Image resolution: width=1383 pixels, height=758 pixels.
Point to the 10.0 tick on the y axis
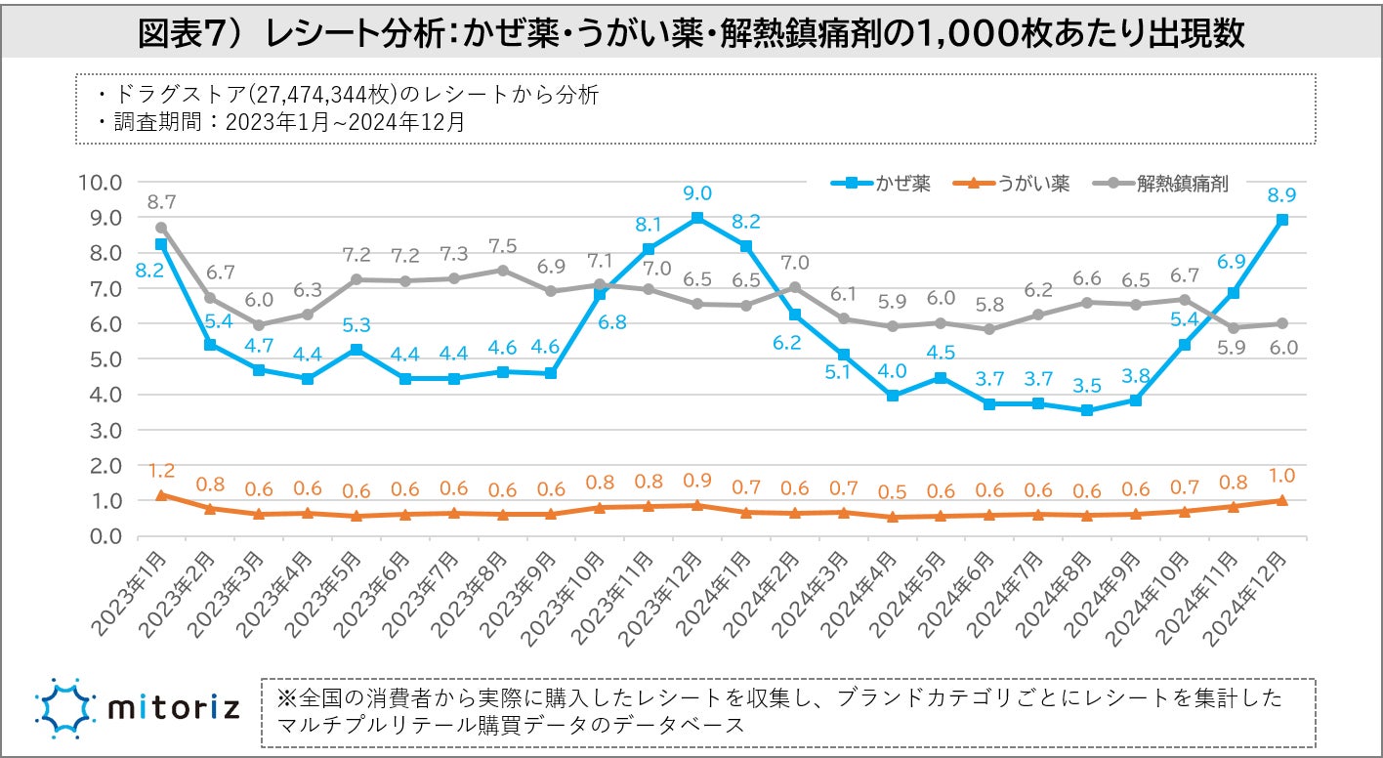point(101,182)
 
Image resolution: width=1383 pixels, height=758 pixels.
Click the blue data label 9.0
point(698,192)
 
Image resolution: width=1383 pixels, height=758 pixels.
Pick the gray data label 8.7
point(161,202)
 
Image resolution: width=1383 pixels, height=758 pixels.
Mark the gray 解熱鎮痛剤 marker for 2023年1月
point(161,228)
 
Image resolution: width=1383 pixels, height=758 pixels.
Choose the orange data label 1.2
point(161,471)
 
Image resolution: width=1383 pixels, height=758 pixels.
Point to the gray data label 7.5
point(503,246)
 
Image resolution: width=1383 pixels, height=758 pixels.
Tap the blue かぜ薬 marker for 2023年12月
point(697,218)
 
